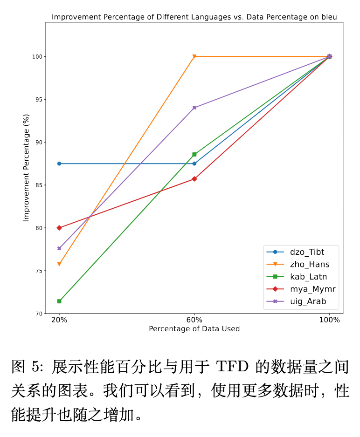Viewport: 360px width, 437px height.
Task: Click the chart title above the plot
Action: [194, 17]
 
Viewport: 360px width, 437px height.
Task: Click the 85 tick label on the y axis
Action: [39, 185]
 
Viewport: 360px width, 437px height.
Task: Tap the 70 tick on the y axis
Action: [39, 314]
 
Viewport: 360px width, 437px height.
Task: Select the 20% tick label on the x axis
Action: [59, 320]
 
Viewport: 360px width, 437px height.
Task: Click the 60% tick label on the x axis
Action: [194, 320]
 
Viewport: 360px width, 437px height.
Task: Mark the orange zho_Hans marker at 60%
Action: [194, 56]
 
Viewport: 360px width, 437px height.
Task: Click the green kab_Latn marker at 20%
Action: [59, 301]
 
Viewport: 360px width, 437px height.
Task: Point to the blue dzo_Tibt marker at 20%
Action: [59, 164]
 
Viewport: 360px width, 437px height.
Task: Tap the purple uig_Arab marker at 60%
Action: [194, 108]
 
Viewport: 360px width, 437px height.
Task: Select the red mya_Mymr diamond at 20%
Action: [59, 228]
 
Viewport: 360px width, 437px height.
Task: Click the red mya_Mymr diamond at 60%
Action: [194, 179]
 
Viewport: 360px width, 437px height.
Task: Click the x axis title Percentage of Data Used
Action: [194, 329]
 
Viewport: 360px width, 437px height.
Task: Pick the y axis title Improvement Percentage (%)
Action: [27, 168]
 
